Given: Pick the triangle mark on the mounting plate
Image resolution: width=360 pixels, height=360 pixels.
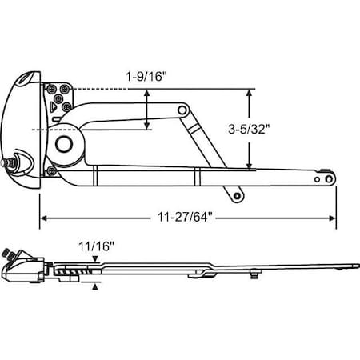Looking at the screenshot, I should pyautogui.click(x=61, y=103).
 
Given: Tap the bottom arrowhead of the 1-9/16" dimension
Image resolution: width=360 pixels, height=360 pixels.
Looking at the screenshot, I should pyautogui.click(x=147, y=125).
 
